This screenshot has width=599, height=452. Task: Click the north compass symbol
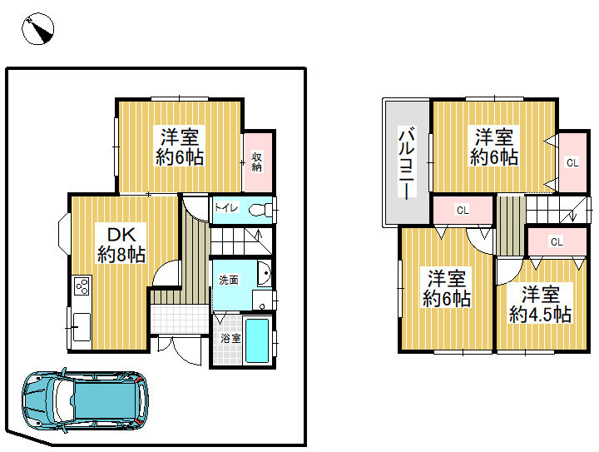pyautogui.click(x=37, y=28)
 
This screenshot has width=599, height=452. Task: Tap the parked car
pyautogui.click(x=85, y=400)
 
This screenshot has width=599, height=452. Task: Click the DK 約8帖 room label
pyautogui.click(x=121, y=244)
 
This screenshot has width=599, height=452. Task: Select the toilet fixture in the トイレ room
pyautogui.click(x=261, y=210)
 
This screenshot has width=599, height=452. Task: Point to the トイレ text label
pyautogui.click(x=226, y=207)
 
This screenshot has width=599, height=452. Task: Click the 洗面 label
pyautogui.click(x=229, y=280)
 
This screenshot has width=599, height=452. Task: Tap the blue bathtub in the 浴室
pyautogui.click(x=257, y=340)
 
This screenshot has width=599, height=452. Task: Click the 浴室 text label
pyautogui.click(x=230, y=338)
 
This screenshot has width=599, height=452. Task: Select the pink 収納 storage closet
pyautogui.click(x=258, y=162)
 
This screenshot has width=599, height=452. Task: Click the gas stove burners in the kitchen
pyautogui.click(x=82, y=286)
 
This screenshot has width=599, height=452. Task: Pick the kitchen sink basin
pyautogui.click(x=82, y=327)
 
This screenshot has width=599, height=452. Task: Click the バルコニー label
pyautogui.click(x=407, y=162)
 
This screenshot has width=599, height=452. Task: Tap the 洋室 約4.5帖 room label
pyautogui.click(x=540, y=305)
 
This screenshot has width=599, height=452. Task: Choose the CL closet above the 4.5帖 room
pyautogui.click(x=557, y=241)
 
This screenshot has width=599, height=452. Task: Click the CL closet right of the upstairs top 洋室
pyautogui.click(x=572, y=163)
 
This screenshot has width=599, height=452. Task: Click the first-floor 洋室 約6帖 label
pyautogui.click(x=180, y=147)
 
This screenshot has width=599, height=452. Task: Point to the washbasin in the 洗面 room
pyautogui.click(x=264, y=274)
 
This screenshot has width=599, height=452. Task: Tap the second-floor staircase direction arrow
pyautogui.click(x=572, y=213)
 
